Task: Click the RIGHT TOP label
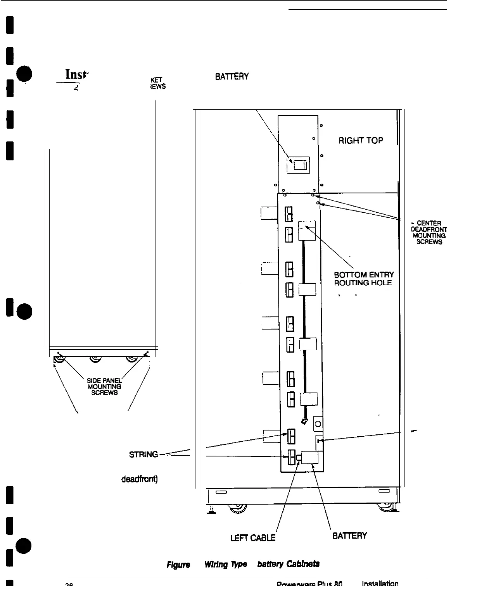361,140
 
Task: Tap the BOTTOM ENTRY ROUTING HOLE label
363,279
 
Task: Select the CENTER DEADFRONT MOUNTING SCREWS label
429,232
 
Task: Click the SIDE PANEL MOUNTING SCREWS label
104,386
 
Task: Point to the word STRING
143,455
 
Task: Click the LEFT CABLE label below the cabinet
253,537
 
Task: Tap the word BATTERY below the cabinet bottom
349,536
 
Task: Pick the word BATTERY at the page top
232,77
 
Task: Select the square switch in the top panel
298,165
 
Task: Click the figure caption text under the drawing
243,564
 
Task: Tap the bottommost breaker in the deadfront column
291,457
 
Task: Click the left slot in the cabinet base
221,492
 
